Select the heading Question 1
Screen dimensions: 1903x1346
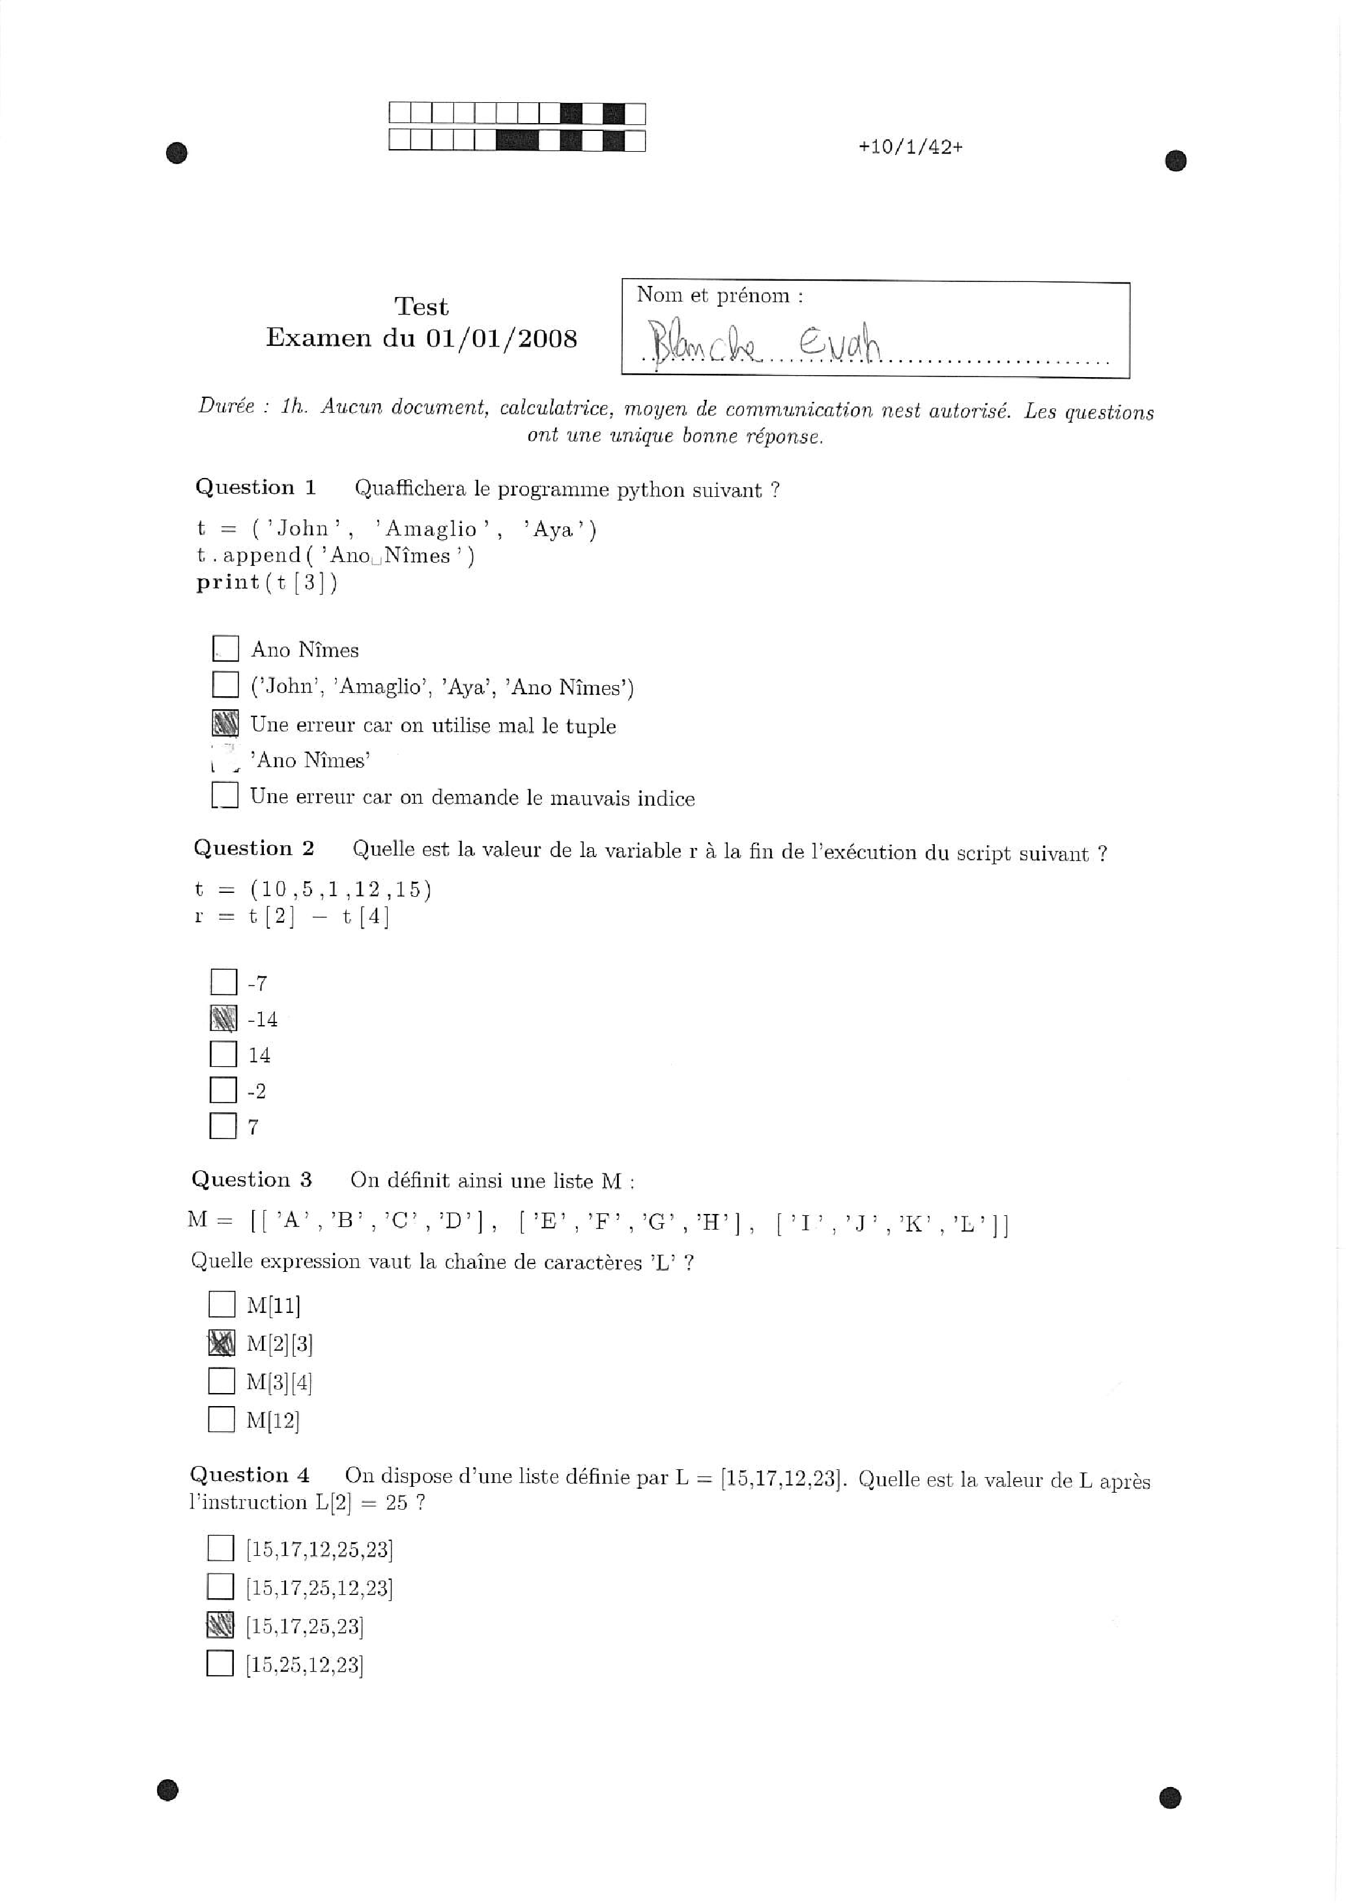click(x=255, y=487)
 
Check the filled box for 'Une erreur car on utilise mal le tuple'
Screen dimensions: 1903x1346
click(x=225, y=724)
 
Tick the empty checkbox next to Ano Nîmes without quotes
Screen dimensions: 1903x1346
click(x=225, y=648)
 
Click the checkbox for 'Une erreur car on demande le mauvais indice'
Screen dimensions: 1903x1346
click(x=225, y=796)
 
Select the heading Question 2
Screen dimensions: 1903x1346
click(x=254, y=849)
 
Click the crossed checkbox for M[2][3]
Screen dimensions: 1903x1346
click(x=222, y=1343)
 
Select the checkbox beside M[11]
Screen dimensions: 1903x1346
click(x=222, y=1304)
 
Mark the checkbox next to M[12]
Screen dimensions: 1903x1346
click(x=222, y=1420)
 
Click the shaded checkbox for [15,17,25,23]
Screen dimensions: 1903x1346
click(x=220, y=1626)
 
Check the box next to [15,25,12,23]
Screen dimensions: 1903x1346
click(x=220, y=1663)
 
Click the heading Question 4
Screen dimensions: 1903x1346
click(x=250, y=1475)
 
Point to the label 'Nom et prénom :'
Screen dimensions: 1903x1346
click(x=719, y=296)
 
